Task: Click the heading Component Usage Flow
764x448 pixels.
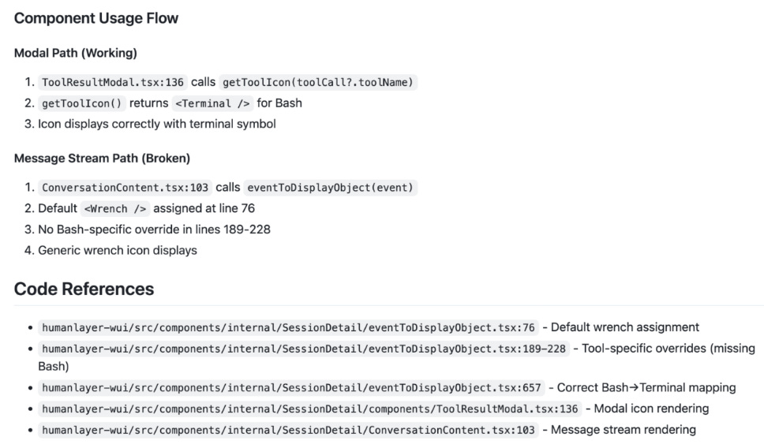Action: [96, 18]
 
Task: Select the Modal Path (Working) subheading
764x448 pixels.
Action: [76, 54]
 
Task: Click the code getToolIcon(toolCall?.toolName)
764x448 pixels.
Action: [318, 82]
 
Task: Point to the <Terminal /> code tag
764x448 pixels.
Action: [212, 103]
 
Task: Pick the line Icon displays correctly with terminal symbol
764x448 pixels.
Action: [157, 124]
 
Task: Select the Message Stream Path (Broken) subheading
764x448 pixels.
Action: [102, 159]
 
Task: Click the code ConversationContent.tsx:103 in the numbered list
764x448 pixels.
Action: [125, 188]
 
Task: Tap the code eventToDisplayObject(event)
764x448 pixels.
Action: [330, 188]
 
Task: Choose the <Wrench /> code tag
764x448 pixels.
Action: [115, 209]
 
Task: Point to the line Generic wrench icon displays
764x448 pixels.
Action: [118, 250]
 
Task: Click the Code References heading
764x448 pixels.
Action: [84, 289]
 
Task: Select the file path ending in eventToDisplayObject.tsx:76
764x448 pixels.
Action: [289, 327]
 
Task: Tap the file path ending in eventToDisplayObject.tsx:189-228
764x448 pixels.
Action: [305, 348]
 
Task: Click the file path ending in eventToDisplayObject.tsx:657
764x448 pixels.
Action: [292, 388]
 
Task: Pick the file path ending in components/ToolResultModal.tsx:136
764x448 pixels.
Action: [311, 409]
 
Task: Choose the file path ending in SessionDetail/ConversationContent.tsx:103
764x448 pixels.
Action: [289, 430]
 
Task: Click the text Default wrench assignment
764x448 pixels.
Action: [625, 327]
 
